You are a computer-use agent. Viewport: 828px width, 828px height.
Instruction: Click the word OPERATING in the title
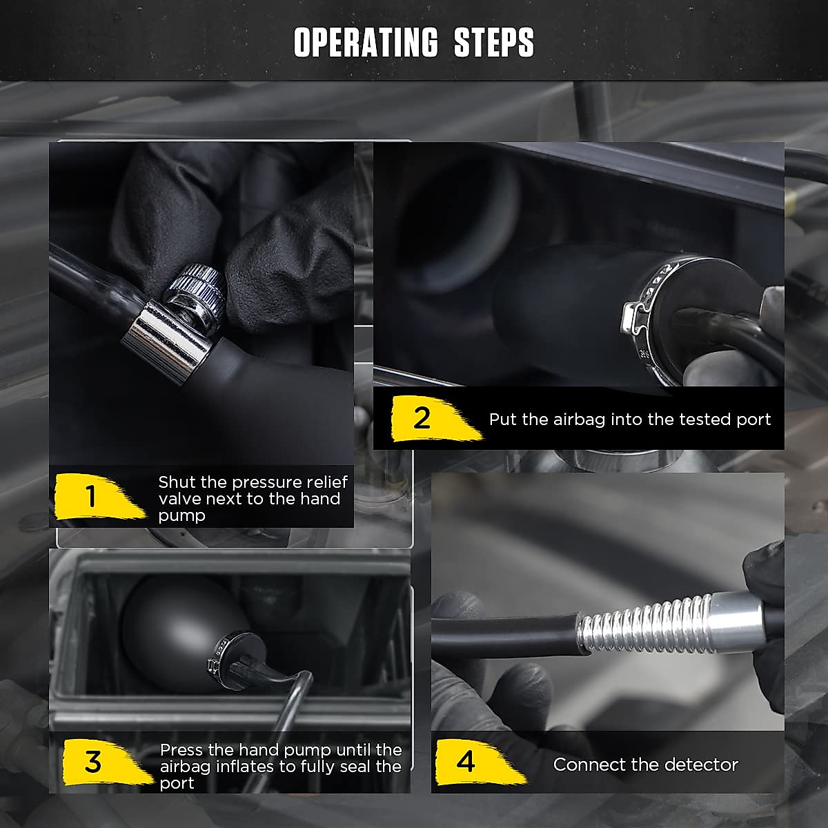[366, 42]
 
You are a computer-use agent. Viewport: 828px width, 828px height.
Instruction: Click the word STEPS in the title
[494, 42]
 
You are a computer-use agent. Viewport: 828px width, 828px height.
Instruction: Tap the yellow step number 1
[90, 496]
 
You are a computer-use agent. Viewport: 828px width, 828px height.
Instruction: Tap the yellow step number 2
[422, 417]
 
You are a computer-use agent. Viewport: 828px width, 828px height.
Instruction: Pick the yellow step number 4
[466, 762]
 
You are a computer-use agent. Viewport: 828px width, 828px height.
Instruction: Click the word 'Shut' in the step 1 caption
[177, 482]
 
